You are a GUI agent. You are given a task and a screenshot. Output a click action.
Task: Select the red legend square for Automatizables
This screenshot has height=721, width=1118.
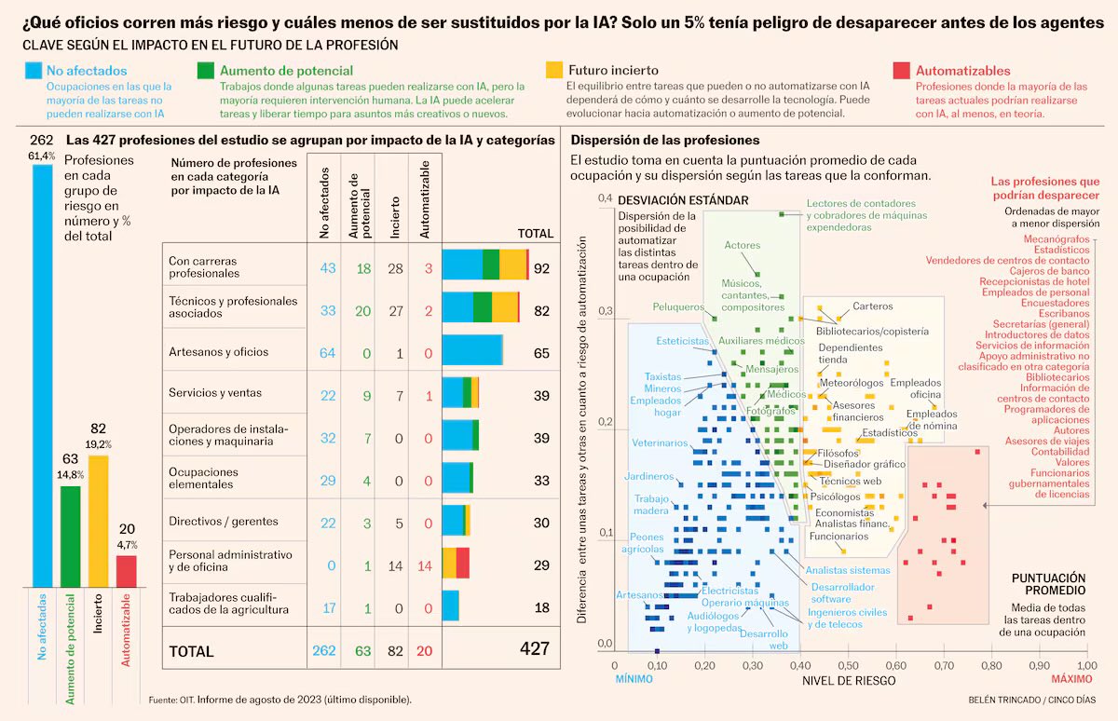click(x=901, y=71)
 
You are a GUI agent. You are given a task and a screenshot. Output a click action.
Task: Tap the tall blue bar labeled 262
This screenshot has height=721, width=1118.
click(x=42, y=373)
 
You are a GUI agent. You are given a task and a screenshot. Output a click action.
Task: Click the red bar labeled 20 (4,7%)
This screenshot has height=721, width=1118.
click(x=126, y=571)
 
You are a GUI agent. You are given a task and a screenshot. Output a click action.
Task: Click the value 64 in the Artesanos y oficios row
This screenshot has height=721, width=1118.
click(x=327, y=352)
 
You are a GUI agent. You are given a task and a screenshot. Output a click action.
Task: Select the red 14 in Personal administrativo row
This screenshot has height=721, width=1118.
click(x=425, y=565)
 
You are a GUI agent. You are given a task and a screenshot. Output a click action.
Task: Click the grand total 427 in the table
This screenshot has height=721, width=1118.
click(x=534, y=649)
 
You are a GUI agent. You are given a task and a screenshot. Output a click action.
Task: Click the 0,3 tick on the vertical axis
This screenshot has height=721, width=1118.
click(x=604, y=311)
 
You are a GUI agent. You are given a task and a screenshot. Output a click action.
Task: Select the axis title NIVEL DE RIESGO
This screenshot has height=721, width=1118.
click(x=849, y=681)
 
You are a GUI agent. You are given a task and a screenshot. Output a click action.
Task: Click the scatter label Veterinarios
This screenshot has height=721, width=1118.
click(x=660, y=442)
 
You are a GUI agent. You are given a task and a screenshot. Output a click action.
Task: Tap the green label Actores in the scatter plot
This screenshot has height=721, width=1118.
click(x=743, y=245)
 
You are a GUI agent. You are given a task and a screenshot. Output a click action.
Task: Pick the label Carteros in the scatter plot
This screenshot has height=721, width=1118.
click(x=872, y=306)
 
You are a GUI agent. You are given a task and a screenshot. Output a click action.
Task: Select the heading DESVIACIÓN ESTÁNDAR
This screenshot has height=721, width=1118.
click(x=682, y=199)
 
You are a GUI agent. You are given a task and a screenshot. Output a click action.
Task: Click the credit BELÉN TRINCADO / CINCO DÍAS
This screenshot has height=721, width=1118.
click(x=1029, y=699)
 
